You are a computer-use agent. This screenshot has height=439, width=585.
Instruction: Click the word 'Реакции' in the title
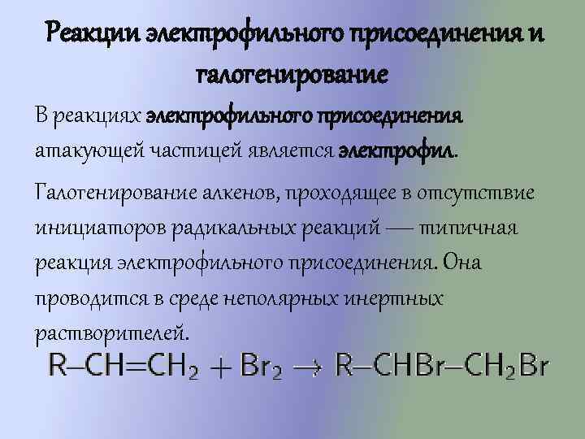click(93, 34)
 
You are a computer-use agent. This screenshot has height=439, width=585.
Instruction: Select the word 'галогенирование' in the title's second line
click(292, 76)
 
